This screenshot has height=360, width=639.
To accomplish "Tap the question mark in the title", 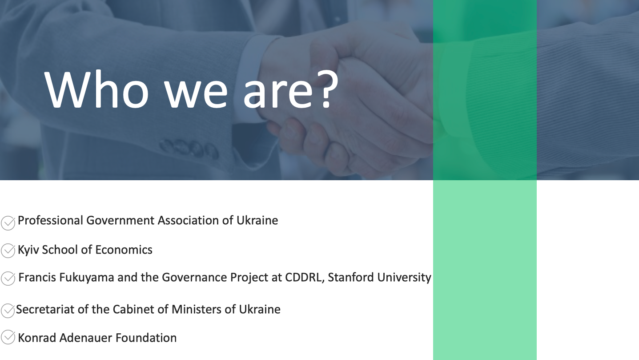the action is point(328,89).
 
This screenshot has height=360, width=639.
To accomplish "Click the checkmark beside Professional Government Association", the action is point(8,222).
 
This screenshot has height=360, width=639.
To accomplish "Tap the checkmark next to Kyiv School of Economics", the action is point(8,251).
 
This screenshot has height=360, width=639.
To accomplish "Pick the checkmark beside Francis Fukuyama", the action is point(8,279).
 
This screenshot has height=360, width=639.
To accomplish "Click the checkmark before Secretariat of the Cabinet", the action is point(8,311).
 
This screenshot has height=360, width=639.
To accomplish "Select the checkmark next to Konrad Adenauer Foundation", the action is point(8,337).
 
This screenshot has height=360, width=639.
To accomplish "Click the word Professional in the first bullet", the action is point(50,220).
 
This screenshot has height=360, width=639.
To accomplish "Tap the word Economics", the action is point(124,250).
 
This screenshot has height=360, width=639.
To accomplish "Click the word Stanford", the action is point(350,277).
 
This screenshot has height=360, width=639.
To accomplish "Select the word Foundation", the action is point(146,338).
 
